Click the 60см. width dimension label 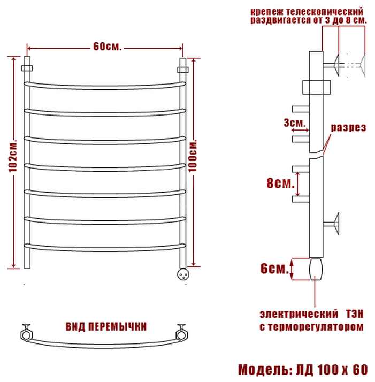(107, 47)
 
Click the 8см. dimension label (280, 184)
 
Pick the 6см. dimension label (273, 269)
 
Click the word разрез (348, 128)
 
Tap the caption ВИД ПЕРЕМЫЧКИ (106, 326)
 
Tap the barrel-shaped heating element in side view (316, 269)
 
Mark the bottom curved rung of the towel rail (105, 247)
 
